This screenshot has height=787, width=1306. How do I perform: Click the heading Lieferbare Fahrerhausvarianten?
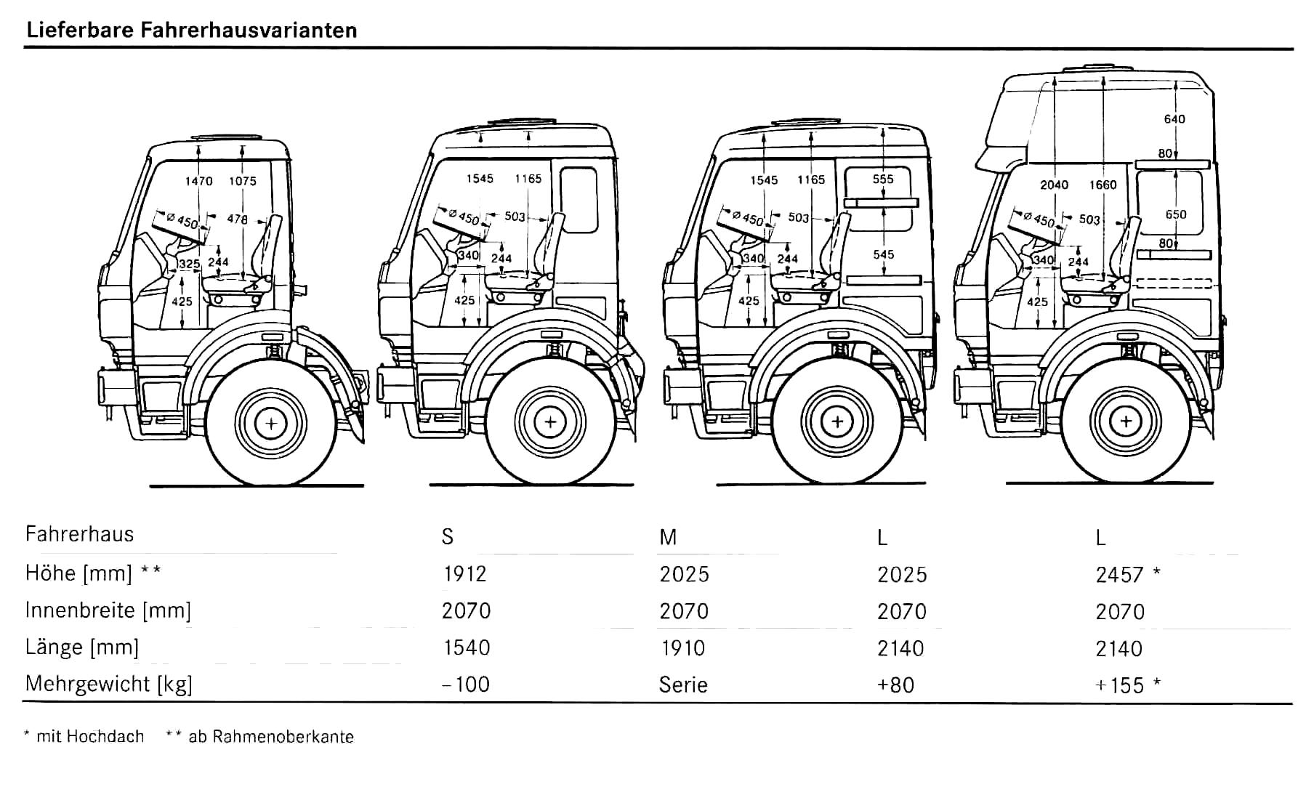(x=191, y=31)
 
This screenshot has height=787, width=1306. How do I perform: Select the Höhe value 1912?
(x=464, y=574)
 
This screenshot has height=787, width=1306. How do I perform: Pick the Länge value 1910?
(x=682, y=648)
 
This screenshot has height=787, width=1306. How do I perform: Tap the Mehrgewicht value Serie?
(x=683, y=685)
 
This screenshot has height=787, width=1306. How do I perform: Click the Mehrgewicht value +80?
(x=895, y=685)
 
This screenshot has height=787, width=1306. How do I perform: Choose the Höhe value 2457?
(x=1120, y=576)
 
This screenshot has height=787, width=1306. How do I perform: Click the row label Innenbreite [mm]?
(x=108, y=610)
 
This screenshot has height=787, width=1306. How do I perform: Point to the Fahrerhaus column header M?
(x=668, y=538)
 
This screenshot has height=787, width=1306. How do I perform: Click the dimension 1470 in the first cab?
(x=198, y=181)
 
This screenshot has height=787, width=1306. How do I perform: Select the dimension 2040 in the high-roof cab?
(x=1054, y=185)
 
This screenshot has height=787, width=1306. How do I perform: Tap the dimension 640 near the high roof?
(x=1174, y=119)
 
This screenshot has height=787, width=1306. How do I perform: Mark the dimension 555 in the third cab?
(x=883, y=179)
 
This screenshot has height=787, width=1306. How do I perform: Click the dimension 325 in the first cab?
(x=189, y=263)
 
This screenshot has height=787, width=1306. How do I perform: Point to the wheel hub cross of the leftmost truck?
(x=271, y=422)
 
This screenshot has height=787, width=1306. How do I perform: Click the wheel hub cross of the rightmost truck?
(x=1126, y=421)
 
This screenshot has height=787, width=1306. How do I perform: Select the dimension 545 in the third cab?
(x=884, y=254)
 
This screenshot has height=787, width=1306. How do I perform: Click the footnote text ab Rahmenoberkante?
(x=270, y=737)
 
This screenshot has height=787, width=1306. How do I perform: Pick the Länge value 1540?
(x=466, y=648)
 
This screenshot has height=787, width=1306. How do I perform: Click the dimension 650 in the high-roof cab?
(x=1175, y=214)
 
